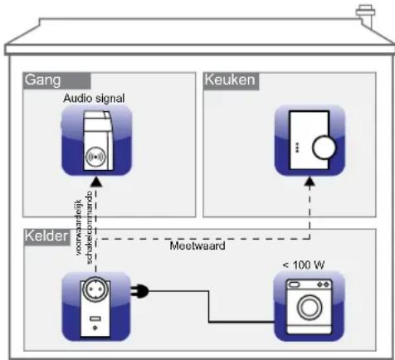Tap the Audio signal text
click(94, 98)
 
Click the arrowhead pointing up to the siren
click(96, 181)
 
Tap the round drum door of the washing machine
click(310, 309)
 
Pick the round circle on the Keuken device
click(322, 148)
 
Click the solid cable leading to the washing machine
click(207, 307)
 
